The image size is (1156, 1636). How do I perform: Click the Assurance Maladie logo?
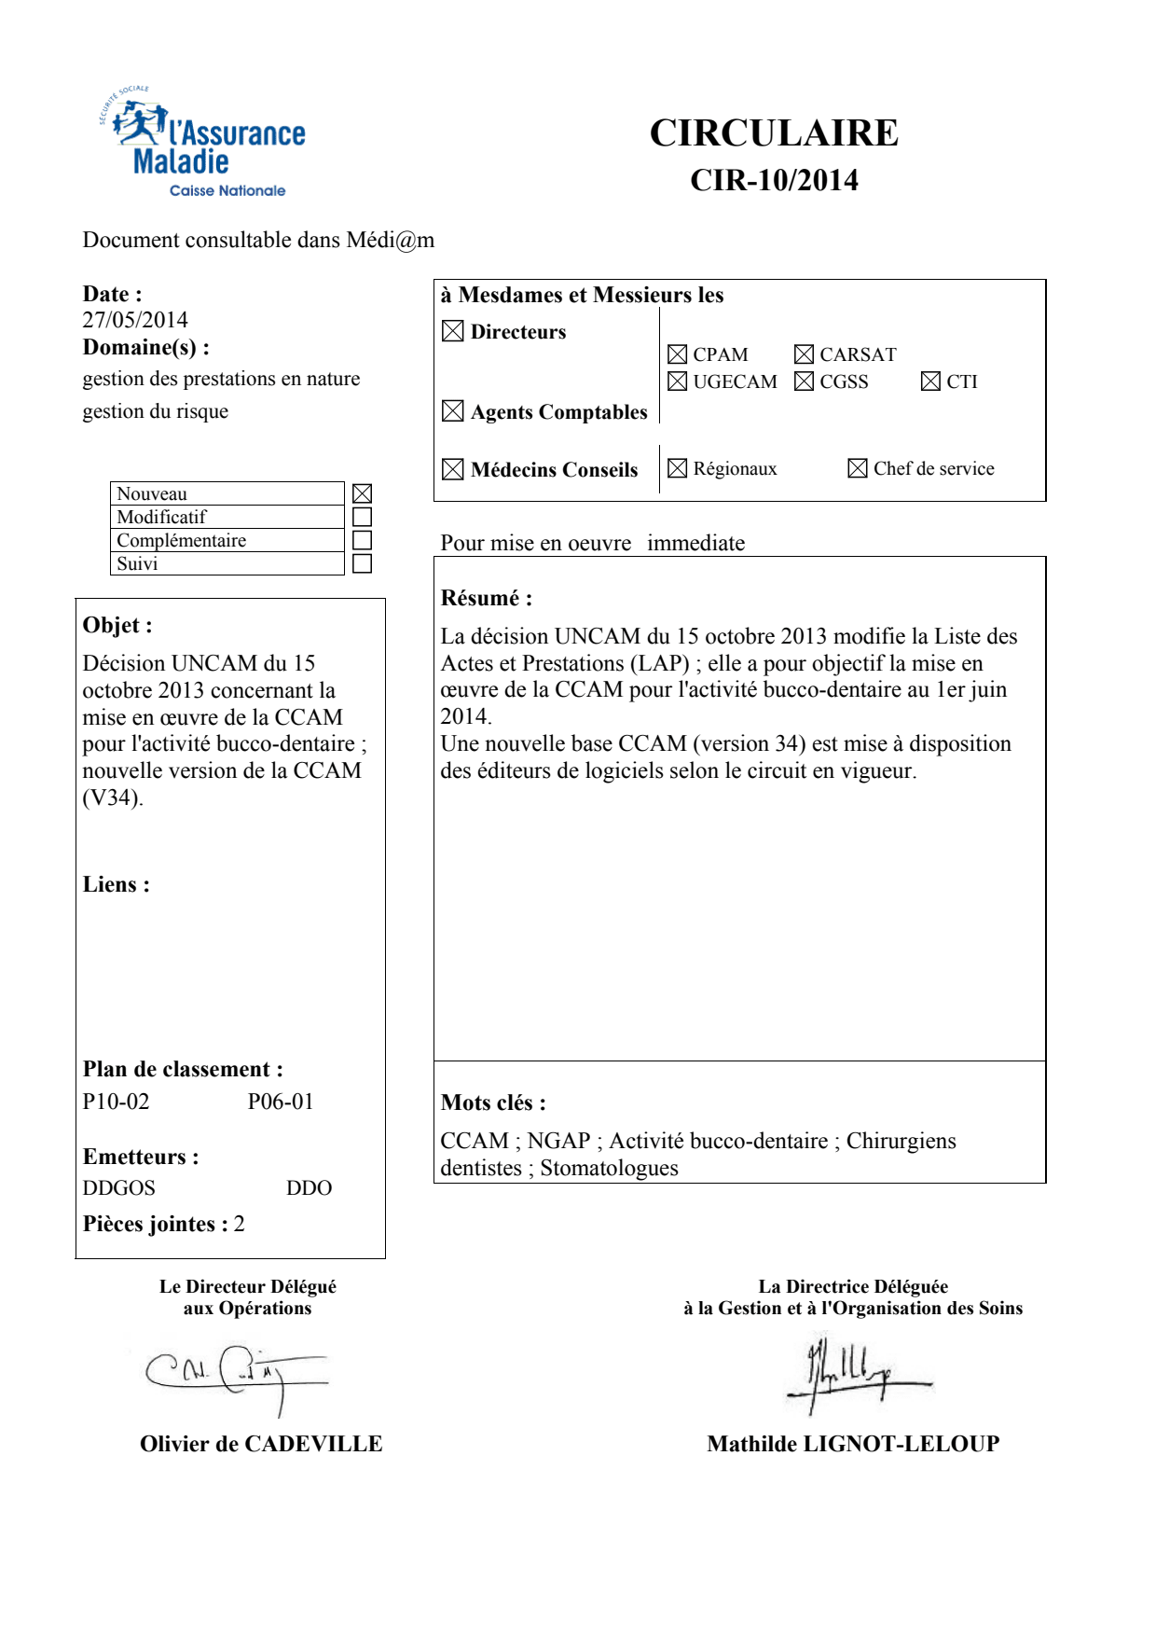coord(203,145)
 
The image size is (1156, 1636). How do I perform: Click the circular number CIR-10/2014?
coord(774,180)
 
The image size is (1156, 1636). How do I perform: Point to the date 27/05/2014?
coord(135,320)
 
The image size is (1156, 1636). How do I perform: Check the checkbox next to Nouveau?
coord(363,493)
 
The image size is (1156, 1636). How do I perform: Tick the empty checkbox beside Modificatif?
coord(363,517)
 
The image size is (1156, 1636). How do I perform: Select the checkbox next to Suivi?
coord(363,563)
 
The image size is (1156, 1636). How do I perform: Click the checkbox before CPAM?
coord(678,354)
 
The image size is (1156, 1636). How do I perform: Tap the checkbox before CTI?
coord(930,381)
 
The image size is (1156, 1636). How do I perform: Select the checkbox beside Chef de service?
coord(858,468)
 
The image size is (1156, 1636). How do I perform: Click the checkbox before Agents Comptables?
coord(453,411)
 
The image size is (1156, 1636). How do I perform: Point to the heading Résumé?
coord(486,598)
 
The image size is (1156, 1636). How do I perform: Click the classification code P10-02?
coord(116,1102)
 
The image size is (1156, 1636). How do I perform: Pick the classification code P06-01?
coord(281,1102)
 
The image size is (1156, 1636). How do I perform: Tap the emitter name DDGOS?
coord(118,1188)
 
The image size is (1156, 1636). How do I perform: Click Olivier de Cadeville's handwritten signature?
coord(238,1375)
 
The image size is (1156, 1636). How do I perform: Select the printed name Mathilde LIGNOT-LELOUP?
coord(853,1444)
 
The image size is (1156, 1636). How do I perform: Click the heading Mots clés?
coord(493,1102)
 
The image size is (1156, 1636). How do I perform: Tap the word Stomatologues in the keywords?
coord(609,1168)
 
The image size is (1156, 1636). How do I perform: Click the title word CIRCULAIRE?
coord(774,133)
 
